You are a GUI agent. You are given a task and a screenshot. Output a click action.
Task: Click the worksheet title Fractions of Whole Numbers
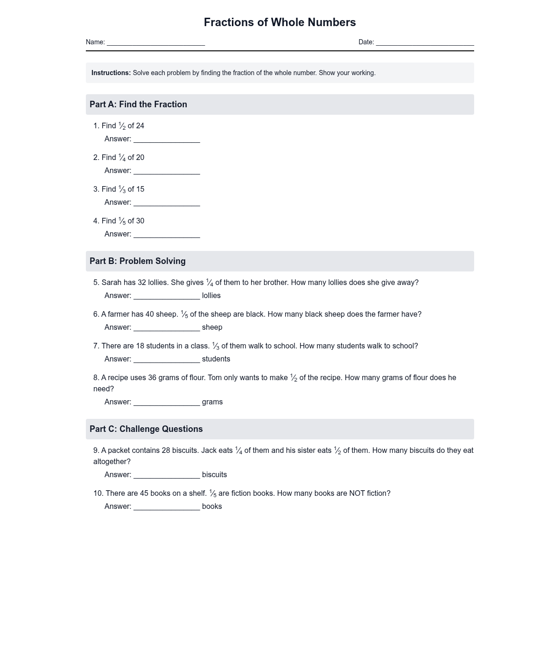(x=280, y=22)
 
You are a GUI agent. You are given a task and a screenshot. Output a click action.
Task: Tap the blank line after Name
(x=156, y=42)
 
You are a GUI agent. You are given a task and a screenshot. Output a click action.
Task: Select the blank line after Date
(x=425, y=42)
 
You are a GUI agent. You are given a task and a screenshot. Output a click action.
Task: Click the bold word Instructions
(x=111, y=73)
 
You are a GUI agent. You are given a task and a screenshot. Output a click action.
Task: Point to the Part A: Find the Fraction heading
(x=138, y=104)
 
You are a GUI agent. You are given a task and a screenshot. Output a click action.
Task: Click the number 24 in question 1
(x=140, y=126)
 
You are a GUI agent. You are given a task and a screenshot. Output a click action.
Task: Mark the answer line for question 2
(x=167, y=171)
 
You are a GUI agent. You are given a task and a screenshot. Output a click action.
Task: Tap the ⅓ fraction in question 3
(x=122, y=189)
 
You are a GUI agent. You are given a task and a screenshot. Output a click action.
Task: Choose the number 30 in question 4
(x=140, y=221)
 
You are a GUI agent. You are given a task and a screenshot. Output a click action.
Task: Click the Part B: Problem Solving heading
(x=138, y=261)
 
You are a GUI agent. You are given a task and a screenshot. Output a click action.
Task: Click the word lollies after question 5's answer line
(x=211, y=296)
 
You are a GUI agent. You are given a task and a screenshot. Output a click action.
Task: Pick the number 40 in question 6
(x=149, y=314)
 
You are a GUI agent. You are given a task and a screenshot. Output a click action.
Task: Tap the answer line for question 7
(x=167, y=360)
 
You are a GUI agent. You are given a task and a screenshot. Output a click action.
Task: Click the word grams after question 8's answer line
(x=212, y=402)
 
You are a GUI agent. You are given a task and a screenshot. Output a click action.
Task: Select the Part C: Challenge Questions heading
(x=146, y=429)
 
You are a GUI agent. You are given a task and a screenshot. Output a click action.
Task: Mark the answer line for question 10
(x=167, y=507)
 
